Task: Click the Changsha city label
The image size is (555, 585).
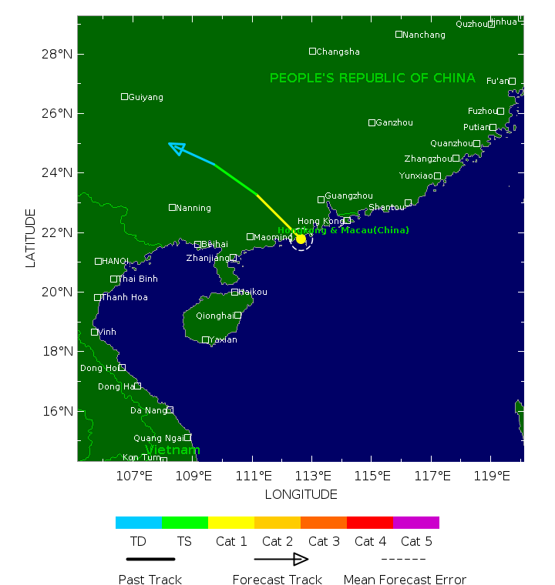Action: click(x=338, y=52)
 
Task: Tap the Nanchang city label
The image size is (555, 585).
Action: click(x=424, y=35)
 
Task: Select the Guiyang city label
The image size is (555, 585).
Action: click(x=146, y=97)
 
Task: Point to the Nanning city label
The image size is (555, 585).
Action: click(x=193, y=208)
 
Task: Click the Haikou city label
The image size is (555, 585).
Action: click(x=253, y=292)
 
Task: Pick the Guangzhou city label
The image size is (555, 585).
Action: click(x=348, y=196)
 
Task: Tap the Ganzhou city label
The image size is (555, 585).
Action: click(x=394, y=123)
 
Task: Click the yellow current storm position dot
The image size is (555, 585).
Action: click(x=301, y=239)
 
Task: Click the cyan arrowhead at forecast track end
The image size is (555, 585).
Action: click(x=177, y=147)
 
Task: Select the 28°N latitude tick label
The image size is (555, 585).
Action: click(x=57, y=54)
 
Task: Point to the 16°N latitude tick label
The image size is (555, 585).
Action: click(x=57, y=411)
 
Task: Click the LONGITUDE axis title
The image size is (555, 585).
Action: click(x=301, y=494)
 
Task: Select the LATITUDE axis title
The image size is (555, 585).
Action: click(x=31, y=238)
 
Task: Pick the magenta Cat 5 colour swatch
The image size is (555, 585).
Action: click(x=416, y=523)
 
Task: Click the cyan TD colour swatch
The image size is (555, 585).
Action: click(x=139, y=523)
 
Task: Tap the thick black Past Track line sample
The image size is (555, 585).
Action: click(x=150, y=559)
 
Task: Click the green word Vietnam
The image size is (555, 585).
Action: click(x=173, y=450)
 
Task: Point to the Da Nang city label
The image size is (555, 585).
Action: click(x=147, y=410)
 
